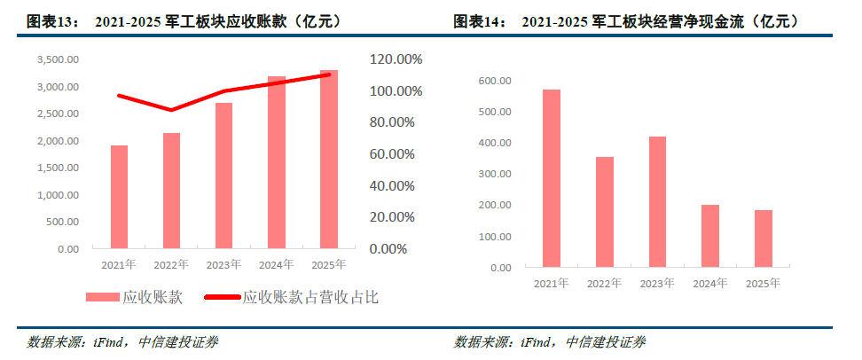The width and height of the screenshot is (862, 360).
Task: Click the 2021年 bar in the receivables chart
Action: tap(119, 197)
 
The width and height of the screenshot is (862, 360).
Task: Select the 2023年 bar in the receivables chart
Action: tap(223, 176)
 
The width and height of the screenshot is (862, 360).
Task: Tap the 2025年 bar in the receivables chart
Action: tap(329, 160)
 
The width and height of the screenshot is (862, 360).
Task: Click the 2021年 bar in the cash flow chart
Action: tap(552, 178)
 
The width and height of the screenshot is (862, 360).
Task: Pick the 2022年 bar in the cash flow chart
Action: tap(605, 212)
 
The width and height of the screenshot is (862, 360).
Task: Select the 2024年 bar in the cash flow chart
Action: tap(710, 237)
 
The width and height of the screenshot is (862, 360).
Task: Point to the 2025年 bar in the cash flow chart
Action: tap(764, 239)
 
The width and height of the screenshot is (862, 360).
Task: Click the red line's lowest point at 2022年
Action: tap(171, 110)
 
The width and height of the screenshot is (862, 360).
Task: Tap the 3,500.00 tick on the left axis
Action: tap(58, 59)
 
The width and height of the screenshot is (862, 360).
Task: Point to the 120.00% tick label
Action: tap(396, 59)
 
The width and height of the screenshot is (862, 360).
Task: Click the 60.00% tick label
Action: tap(392, 154)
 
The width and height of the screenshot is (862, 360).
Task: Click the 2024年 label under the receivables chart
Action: tap(276, 265)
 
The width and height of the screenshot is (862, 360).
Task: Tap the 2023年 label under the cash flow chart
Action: tap(657, 284)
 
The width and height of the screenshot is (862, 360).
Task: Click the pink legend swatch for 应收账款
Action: tap(102, 297)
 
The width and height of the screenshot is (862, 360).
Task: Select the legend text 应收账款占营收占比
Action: tap(310, 298)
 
